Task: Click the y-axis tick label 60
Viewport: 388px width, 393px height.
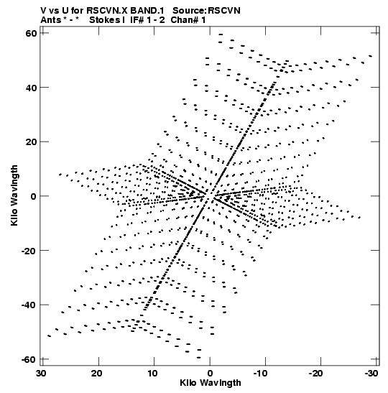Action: tap(31, 33)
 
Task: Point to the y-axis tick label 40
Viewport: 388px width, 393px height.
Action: tap(31, 88)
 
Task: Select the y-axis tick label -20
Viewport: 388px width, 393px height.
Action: tap(29, 251)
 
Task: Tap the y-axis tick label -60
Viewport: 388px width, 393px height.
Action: tap(29, 359)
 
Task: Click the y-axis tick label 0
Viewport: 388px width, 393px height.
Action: tap(34, 196)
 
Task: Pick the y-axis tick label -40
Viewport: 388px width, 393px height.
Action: tap(29, 305)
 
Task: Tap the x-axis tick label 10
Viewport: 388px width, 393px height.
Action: tap(152, 374)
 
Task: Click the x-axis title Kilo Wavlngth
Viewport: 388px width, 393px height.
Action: tap(211, 383)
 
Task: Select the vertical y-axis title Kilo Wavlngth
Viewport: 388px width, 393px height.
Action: tap(14, 195)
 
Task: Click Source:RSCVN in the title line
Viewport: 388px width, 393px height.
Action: tap(206, 11)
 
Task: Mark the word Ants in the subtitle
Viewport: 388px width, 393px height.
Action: tap(50, 20)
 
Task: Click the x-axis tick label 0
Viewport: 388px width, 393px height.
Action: tap(210, 374)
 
